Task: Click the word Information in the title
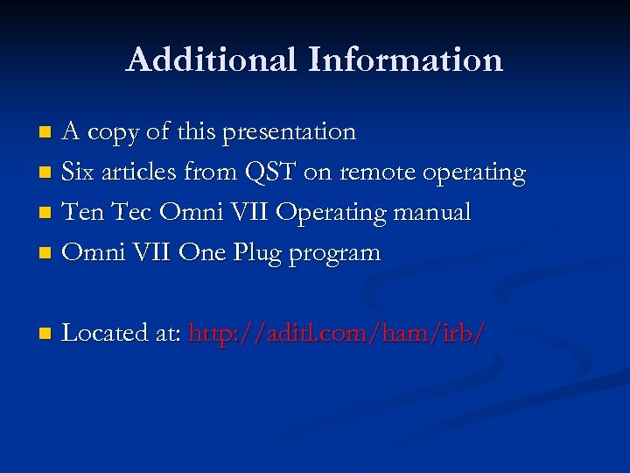(x=405, y=60)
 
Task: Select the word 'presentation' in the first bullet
(x=289, y=132)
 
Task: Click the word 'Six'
(x=78, y=173)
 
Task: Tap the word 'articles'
(x=136, y=173)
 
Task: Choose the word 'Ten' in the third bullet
(x=83, y=213)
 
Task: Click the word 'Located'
(x=104, y=334)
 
